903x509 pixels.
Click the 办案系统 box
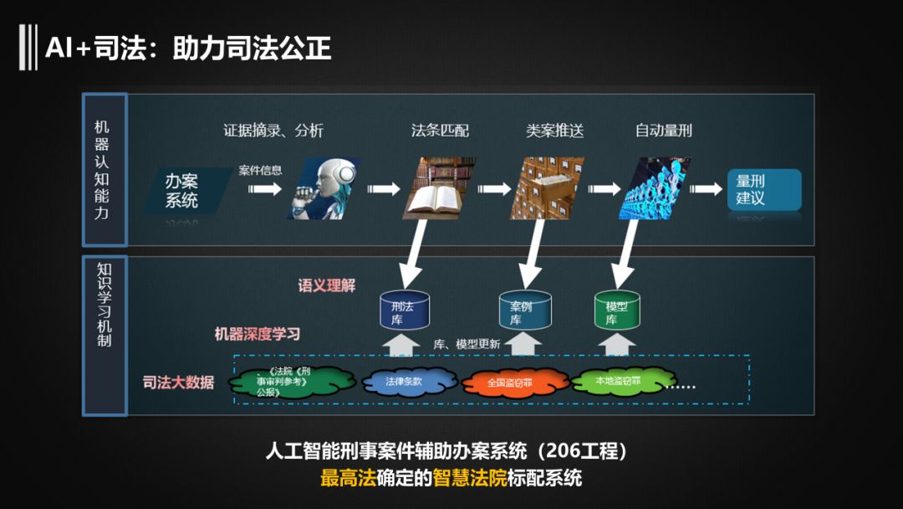[181, 190]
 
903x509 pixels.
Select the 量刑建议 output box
[763, 190]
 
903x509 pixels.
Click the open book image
[440, 188]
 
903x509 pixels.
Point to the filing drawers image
[548, 188]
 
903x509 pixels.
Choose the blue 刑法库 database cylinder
[403, 309]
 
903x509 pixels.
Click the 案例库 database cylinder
[525, 309]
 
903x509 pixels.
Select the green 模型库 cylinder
[617, 309]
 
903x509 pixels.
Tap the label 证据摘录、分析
[273, 131]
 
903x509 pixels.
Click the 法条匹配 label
[440, 131]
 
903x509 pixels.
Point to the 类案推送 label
[554, 131]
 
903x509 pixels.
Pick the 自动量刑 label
[664, 131]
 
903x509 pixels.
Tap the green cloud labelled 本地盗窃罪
[618, 382]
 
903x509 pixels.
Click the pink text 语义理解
[326, 285]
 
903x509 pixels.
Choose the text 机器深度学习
[257, 334]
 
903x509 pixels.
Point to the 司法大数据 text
[178, 383]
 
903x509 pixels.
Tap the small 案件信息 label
[260, 170]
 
